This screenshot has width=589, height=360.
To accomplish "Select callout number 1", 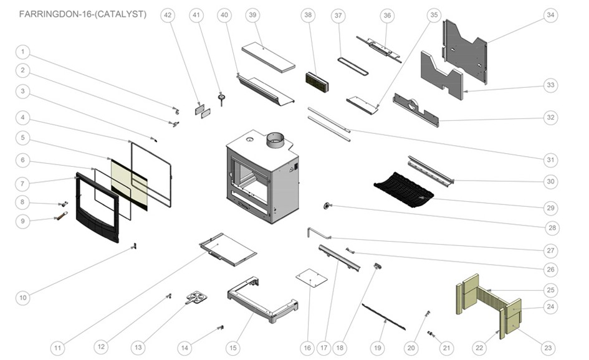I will [x=22, y=52].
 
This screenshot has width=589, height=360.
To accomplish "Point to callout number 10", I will [x=23, y=298].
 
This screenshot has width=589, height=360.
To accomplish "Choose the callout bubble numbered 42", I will [x=168, y=14].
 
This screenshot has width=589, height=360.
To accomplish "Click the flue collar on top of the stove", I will [x=275, y=141].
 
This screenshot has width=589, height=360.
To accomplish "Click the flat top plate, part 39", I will [x=268, y=57].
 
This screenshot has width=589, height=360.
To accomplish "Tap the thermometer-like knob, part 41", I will [x=221, y=97].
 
